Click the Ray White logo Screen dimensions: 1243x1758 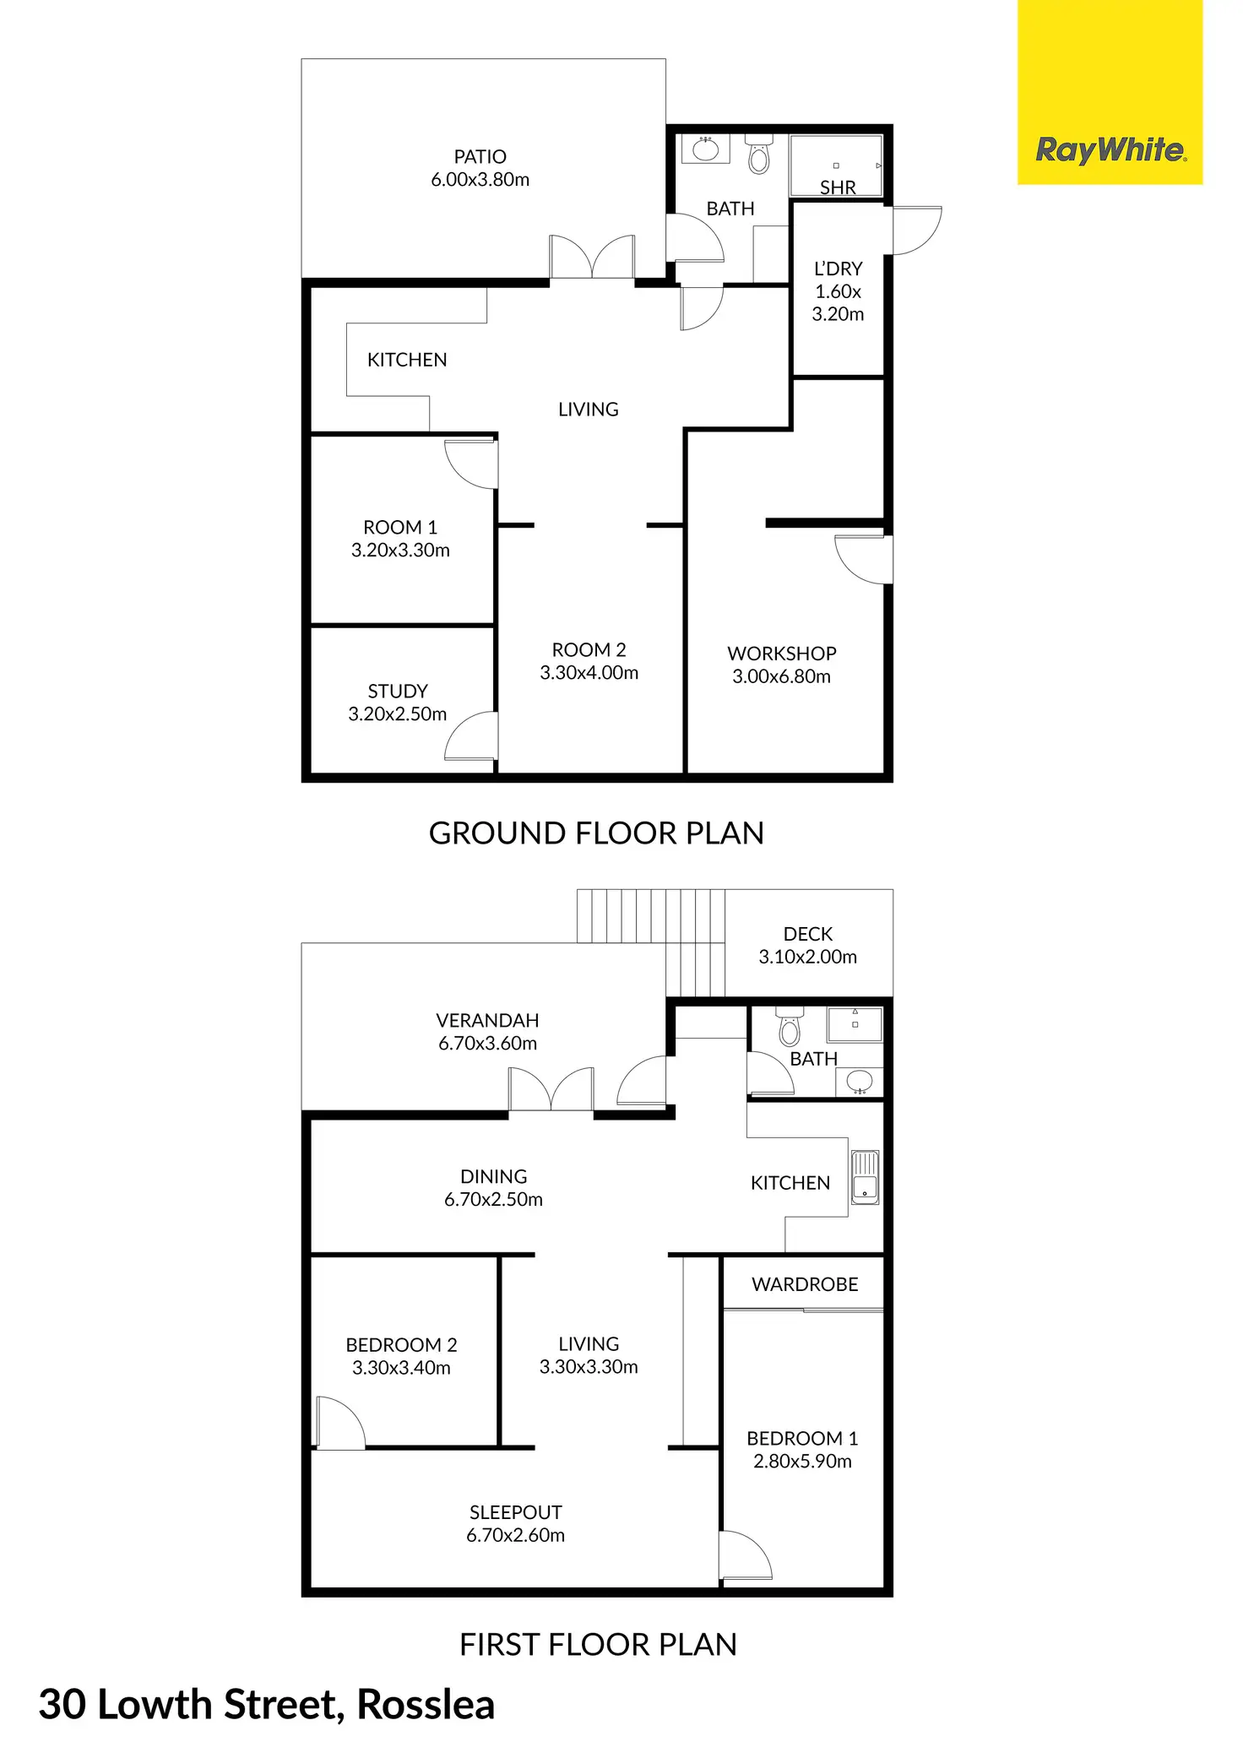point(1110,150)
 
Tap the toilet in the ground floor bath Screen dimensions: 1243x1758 point(759,156)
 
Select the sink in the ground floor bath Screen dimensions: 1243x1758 point(705,150)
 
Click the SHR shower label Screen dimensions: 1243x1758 point(838,187)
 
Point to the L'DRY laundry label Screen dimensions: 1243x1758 point(838,269)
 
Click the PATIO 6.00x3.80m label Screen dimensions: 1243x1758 point(480,168)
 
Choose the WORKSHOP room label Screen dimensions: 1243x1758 point(782,654)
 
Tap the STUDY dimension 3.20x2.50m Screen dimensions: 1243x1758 point(398,714)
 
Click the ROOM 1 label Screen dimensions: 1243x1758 point(400,528)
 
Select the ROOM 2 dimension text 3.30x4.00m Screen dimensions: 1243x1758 point(589,673)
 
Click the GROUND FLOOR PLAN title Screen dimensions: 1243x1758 point(596,833)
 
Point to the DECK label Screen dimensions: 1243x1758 point(808,934)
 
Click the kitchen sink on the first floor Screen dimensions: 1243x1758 point(865,1176)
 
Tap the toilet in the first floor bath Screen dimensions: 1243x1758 point(790,1028)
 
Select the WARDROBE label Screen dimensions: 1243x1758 point(805,1284)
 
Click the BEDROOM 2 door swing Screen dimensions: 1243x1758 point(339,1424)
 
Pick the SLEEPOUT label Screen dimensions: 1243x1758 point(516,1512)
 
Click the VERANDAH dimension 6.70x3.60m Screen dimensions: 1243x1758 point(487,1044)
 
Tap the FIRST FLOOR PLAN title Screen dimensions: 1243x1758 point(598,1645)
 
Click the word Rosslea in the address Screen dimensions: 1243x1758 point(426,1704)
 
